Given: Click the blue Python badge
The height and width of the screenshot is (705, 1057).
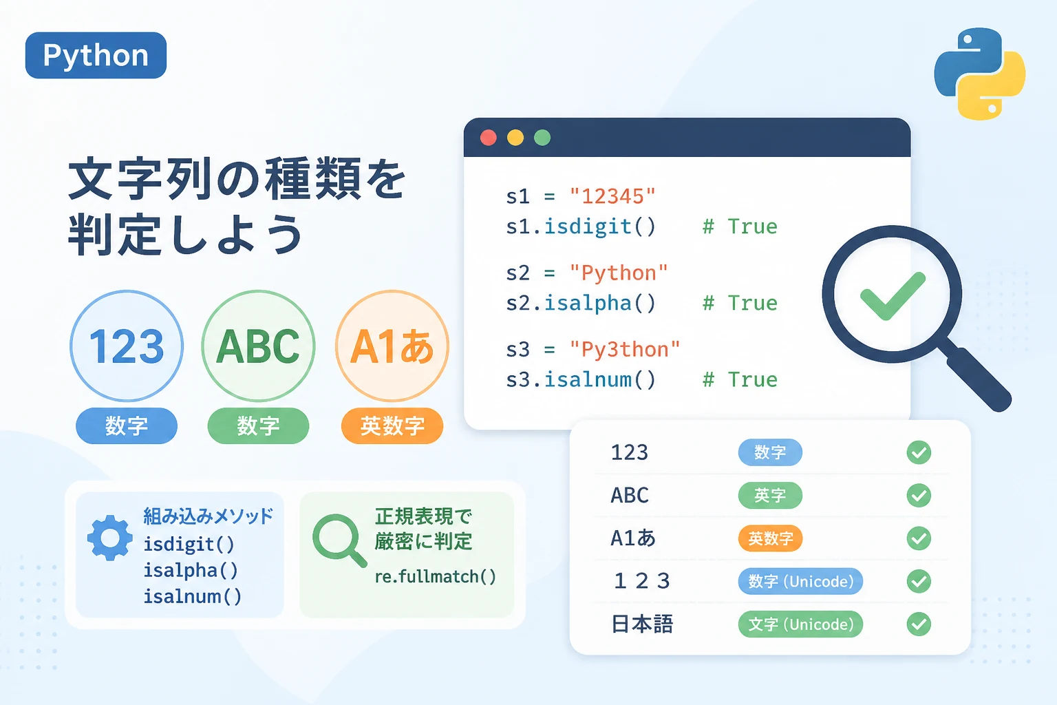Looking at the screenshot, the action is (x=96, y=55).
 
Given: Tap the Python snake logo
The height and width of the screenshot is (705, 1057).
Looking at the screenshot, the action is (x=980, y=73).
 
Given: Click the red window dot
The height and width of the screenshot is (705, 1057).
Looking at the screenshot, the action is (x=489, y=138).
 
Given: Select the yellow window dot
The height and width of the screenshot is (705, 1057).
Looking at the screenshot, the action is (x=515, y=138).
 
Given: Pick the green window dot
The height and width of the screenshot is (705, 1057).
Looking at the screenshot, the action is (x=542, y=138).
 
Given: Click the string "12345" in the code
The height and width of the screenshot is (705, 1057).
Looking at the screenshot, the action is (x=612, y=196).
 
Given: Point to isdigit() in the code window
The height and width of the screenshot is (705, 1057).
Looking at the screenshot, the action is (x=600, y=227).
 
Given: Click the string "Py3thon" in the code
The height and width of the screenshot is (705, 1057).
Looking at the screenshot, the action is (x=625, y=350).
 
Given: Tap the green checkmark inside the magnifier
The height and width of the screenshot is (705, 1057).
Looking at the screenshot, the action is (x=893, y=296).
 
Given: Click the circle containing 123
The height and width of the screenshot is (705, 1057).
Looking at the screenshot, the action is (x=127, y=346).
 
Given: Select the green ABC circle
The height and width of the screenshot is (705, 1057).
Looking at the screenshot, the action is (x=258, y=346).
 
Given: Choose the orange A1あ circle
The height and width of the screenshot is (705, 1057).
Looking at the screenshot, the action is (x=392, y=346).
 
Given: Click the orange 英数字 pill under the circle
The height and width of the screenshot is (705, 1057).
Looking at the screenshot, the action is (x=392, y=426).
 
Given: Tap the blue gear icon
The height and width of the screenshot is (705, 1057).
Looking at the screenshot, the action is (x=110, y=538).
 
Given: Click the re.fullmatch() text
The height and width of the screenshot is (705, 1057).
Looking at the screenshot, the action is (x=436, y=576).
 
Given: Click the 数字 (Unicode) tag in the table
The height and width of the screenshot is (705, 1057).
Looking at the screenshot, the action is (x=800, y=581).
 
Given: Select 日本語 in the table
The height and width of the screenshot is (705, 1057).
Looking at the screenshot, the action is (x=642, y=624).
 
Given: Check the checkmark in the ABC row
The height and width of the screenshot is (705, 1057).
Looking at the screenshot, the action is (x=919, y=495).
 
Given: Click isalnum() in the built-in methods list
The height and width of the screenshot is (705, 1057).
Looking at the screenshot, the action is (x=193, y=596).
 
